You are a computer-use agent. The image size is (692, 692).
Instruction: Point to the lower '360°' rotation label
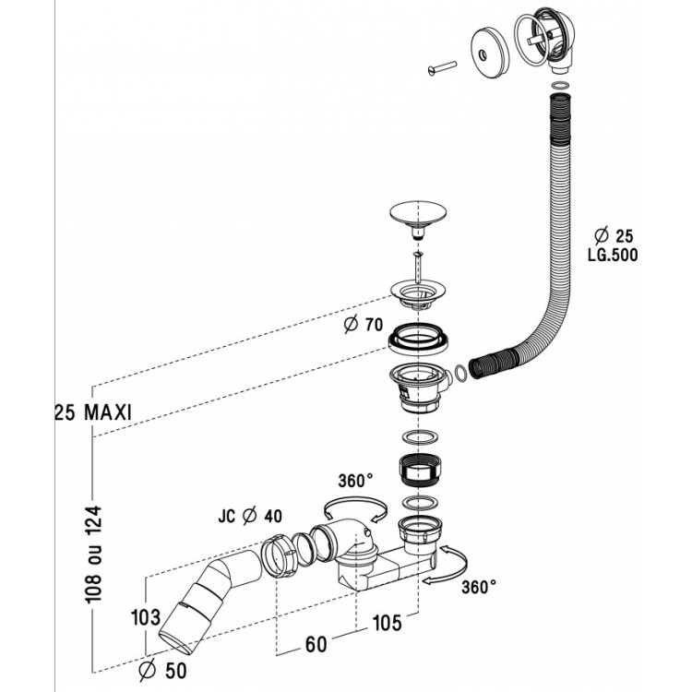click(x=479, y=586)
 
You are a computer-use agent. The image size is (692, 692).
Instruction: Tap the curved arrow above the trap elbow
click(x=353, y=506)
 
